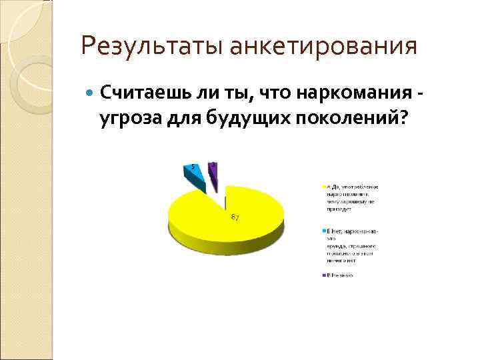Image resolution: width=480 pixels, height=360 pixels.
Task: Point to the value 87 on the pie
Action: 235,218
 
